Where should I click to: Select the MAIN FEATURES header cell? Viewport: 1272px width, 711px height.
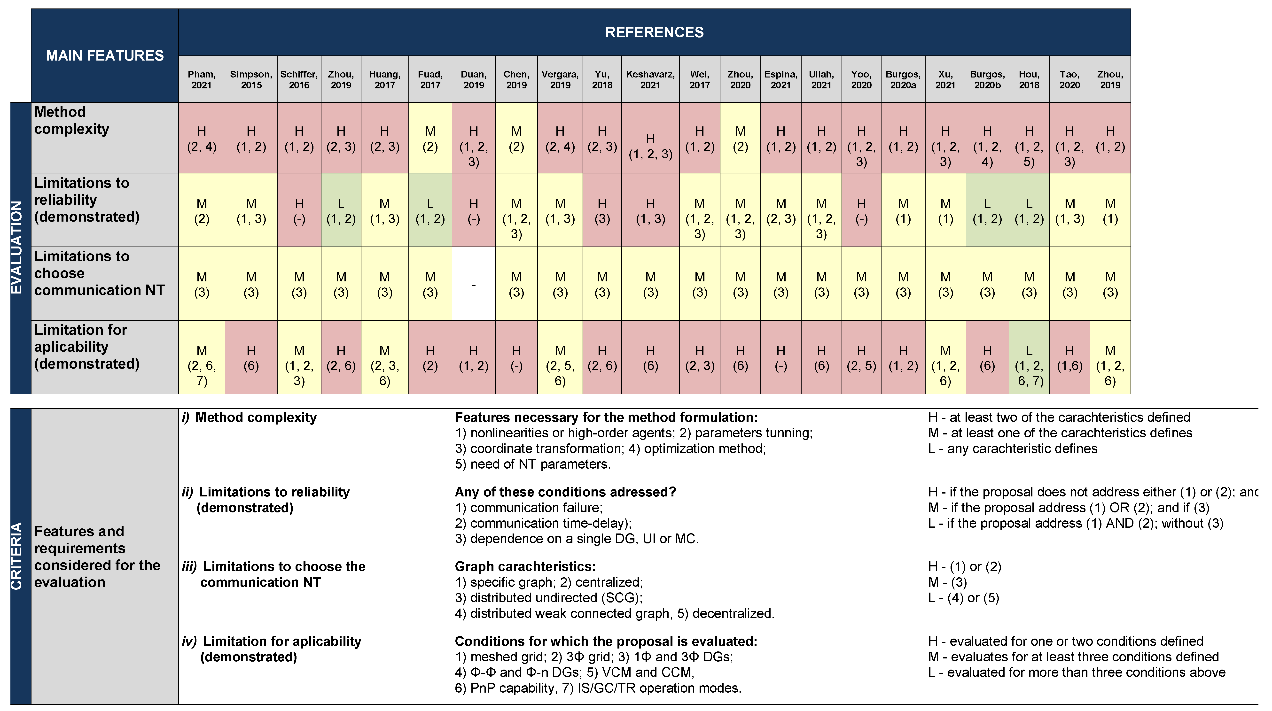[x=105, y=55]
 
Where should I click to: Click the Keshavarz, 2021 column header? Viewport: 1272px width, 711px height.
[x=650, y=79]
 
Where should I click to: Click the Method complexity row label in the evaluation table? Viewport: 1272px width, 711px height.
[x=72, y=120]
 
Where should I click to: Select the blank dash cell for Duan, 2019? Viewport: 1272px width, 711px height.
[x=474, y=284]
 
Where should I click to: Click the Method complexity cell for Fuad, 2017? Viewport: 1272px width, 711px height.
[x=430, y=138]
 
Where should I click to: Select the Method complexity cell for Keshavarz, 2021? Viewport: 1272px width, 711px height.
[x=650, y=146]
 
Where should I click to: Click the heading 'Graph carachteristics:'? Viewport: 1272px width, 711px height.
[x=525, y=566]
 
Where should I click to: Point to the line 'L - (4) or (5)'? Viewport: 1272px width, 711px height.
[x=963, y=598]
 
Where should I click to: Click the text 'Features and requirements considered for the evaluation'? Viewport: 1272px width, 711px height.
[x=97, y=556]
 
